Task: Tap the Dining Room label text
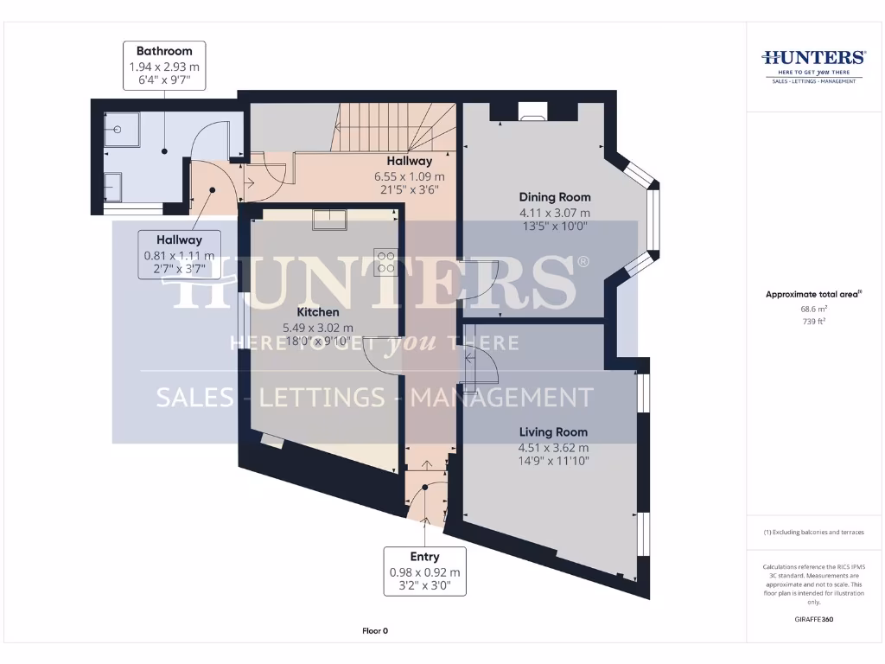coord(554,197)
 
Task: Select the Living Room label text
coord(553,431)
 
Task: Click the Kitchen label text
coord(317,312)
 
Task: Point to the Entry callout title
coord(424,557)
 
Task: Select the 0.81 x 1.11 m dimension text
coord(179,255)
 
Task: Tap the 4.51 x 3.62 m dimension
coord(553,447)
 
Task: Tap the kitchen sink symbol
coord(330,220)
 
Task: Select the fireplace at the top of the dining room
coord(532,112)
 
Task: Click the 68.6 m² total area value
coord(815,309)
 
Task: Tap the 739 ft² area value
coord(815,321)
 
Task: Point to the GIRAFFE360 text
coord(814,619)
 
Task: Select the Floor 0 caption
coord(375,630)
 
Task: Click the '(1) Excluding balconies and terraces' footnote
coord(813,533)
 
